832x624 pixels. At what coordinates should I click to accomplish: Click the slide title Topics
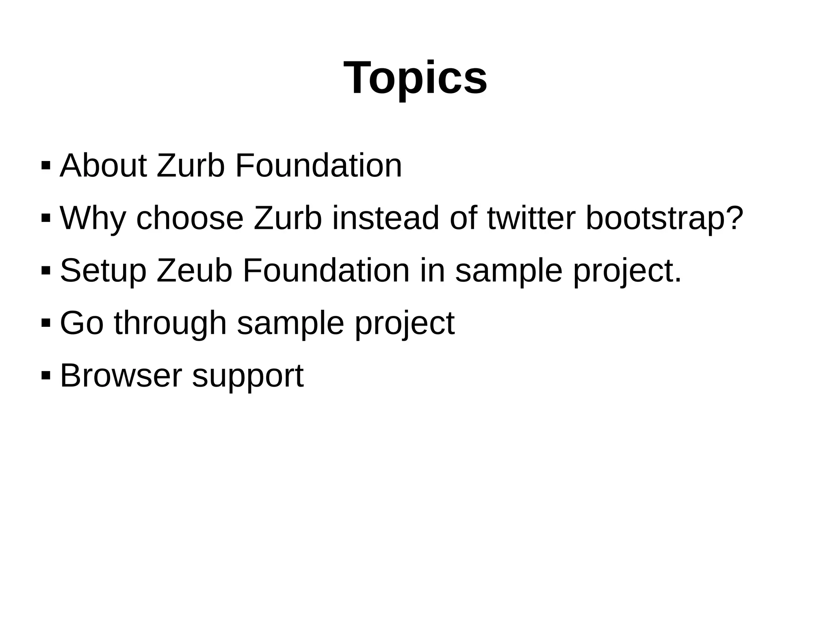click(x=415, y=77)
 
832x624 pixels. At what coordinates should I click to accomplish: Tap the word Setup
click(x=103, y=270)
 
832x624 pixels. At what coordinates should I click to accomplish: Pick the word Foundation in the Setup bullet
click(x=326, y=270)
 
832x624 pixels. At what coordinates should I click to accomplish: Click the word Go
click(x=82, y=323)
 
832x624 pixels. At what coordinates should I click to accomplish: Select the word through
click(x=170, y=323)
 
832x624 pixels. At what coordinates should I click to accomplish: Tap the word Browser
click(x=121, y=375)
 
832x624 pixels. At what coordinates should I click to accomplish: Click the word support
click(x=248, y=375)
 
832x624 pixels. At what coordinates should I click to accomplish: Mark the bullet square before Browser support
click(x=45, y=374)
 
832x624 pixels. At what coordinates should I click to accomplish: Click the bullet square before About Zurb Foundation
click(x=45, y=165)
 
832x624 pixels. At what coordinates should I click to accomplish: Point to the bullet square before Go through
click(x=45, y=323)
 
